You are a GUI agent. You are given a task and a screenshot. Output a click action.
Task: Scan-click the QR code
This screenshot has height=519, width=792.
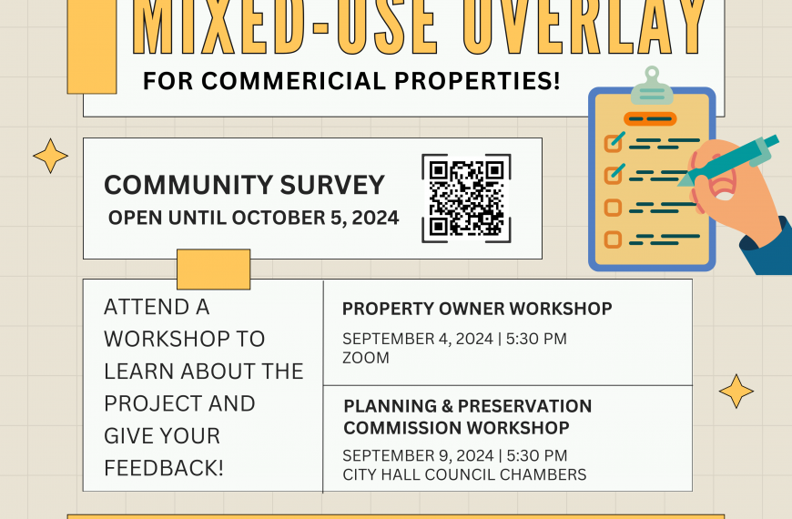466,198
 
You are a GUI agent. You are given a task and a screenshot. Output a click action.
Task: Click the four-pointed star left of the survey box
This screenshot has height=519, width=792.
50,156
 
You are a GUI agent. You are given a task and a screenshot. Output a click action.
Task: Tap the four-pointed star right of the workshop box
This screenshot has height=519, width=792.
736,392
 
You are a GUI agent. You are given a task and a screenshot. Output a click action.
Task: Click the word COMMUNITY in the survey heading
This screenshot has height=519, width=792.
188,185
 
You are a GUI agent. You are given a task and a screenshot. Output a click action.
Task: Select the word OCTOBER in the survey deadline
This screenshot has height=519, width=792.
279,218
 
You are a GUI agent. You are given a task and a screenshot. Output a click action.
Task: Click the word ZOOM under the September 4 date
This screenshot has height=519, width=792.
366,358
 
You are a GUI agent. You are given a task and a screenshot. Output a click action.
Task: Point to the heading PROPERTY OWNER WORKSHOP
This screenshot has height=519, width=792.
477,309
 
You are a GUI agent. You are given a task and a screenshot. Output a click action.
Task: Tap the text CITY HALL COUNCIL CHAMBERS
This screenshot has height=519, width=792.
464,475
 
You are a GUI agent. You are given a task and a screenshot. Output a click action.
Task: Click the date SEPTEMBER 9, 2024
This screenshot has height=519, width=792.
418,456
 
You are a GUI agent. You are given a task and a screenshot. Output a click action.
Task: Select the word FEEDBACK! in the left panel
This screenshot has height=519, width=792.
164,468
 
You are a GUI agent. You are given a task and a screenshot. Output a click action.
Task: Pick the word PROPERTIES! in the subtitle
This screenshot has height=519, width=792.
477,81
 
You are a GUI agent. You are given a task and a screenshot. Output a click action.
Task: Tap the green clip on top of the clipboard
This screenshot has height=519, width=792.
652,86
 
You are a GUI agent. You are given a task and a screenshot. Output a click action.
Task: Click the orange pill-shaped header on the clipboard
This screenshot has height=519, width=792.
650,119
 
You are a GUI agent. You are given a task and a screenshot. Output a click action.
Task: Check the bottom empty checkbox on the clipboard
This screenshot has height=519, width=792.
614,239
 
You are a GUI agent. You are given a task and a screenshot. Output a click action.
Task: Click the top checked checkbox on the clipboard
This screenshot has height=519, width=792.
614,143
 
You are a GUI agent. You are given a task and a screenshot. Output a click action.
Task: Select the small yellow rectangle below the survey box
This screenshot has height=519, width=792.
214,270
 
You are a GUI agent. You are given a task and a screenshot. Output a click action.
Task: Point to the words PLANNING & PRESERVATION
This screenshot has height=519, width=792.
468,406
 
